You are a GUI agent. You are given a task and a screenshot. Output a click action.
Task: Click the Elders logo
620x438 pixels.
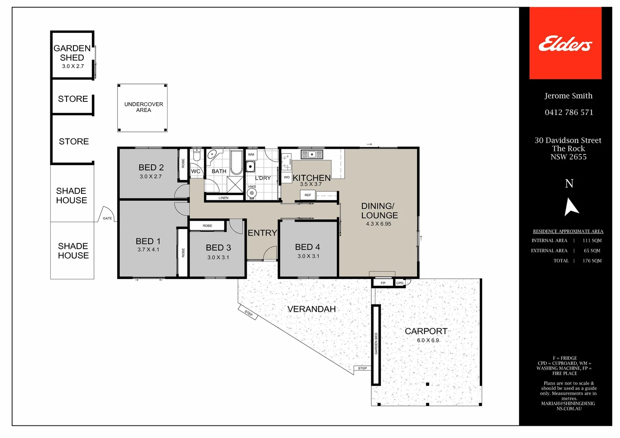click(565, 43)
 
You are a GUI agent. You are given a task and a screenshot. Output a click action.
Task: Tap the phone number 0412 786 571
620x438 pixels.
click(569, 112)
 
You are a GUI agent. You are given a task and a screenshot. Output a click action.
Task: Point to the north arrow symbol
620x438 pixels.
click(571, 206)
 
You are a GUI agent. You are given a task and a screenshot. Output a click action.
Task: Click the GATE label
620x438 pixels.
click(107, 218)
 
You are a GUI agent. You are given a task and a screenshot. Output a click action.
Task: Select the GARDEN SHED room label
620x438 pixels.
click(72, 53)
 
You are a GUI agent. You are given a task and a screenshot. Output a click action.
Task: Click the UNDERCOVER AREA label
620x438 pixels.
click(144, 107)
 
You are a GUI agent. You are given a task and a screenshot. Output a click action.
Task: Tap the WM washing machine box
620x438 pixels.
click(251, 155)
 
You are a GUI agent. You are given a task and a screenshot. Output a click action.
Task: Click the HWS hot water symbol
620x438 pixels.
click(252, 193)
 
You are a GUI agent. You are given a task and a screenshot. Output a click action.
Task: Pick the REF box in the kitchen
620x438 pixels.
click(308, 195)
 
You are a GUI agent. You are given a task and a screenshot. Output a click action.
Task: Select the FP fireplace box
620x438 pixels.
click(383, 283)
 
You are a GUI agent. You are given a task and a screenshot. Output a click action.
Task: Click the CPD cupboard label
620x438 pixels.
click(400, 283)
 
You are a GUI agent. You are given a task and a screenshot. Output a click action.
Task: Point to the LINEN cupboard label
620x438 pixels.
click(224, 198)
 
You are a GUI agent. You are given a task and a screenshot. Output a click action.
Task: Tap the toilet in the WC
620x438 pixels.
click(196, 156)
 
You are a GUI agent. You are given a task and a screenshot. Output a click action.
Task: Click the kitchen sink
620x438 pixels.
click(312, 155)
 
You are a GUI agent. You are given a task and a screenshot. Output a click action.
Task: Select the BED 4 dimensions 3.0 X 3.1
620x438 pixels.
click(308, 256)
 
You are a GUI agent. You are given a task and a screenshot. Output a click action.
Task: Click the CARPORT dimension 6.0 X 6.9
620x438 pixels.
click(428, 340)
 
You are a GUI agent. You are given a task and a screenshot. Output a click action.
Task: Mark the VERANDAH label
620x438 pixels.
click(312, 309)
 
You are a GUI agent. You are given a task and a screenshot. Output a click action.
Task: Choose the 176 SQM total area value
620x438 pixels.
click(592, 261)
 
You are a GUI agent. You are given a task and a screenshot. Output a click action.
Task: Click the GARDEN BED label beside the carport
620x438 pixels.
click(376, 344)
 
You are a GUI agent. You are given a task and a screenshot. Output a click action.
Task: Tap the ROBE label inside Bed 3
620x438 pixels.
click(207, 225)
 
